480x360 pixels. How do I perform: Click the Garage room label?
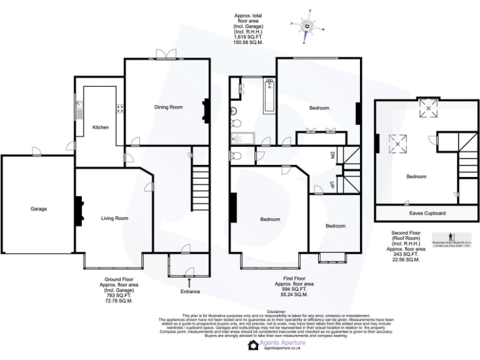(x=38, y=209)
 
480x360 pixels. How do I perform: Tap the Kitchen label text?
(x=101, y=127)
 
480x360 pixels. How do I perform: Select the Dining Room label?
(x=168, y=107)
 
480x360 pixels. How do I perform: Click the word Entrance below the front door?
(x=190, y=291)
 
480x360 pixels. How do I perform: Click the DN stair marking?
(x=332, y=155)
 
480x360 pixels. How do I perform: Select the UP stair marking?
(x=332, y=184)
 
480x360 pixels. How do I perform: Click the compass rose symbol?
(x=307, y=26)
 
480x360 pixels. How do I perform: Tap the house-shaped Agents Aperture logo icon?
(x=252, y=346)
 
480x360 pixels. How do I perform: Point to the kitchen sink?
(x=79, y=111)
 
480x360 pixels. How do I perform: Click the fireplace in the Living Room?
(x=79, y=211)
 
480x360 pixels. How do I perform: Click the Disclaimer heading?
(x=276, y=311)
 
